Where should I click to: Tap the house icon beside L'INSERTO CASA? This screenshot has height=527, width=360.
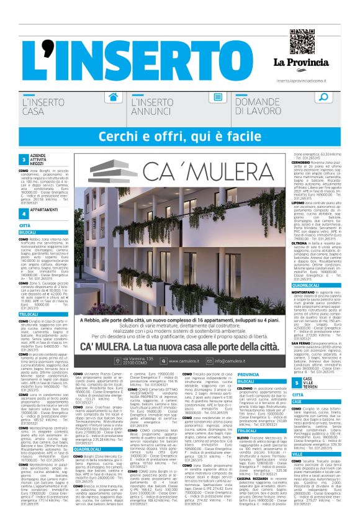pyautogui.click(x=113, y=98)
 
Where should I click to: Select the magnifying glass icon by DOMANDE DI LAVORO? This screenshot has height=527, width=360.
pyautogui.click(x=323, y=97)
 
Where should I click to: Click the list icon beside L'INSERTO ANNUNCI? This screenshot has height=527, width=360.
pyautogui.click(x=218, y=98)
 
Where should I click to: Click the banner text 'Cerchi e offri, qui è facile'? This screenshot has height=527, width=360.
pyautogui.click(x=180, y=135)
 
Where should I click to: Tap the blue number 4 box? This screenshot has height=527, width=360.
pyautogui.click(x=24, y=212)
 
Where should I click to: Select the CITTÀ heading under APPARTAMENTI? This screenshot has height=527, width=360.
pyautogui.click(x=25, y=225)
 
